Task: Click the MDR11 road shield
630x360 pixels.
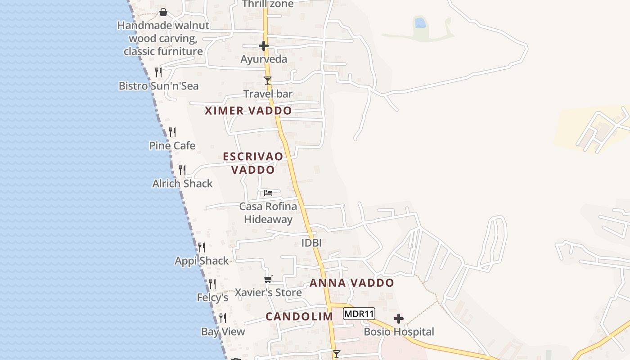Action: pyautogui.click(x=359, y=314)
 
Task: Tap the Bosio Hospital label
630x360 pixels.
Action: pyautogui.click(x=399, y=332)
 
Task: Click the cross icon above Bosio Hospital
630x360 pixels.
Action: pyautogui.click(x=398, y=319)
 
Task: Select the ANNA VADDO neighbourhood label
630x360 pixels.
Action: pyautogui.click(x=352, y=283)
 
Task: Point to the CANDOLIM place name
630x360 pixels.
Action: pyautogui.click(x=299, y=316)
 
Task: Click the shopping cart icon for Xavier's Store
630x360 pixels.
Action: pyautogui.click(x=268, y=279)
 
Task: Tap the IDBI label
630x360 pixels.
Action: pyautogui.click(x=311, y=243)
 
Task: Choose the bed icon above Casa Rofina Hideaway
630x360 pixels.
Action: pyautogui.click(x=268, y=193)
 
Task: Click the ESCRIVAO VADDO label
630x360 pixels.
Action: pyautogui.click(x=253, y=163)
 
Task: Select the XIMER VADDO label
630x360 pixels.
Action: pyautogui.click(x=248, y=111)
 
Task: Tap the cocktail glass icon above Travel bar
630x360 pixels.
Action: pyautogui.click(x=268, y=81)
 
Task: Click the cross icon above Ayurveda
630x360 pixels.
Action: pyautogui.click(x=264, y=46)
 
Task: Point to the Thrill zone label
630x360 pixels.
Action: pyautogui.click(x=268, y=4)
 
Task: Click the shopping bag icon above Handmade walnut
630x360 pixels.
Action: pyautogui.click(x=163, y=12)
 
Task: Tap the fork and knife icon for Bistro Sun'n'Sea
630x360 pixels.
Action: pyautogui.click(x=158, y=72)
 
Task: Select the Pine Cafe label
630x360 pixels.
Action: pyautogui.click(x=172, y=146)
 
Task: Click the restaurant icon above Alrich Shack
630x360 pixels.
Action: pyautogui.click(x=182, y=170)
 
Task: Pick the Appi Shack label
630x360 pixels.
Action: pyautogui.click(x=202, y=261)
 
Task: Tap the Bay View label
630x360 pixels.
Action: pyautogui.click(x=223, y=332)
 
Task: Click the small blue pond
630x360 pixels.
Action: pyautogui.click(x=420, y=22)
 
